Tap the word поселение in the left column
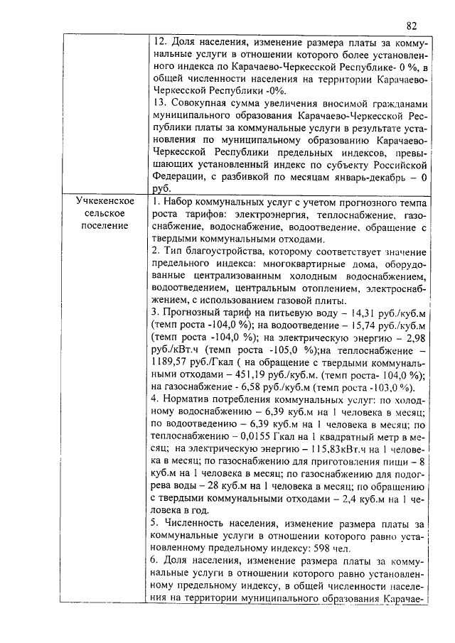pyautogui.click(x=105, y=227)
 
